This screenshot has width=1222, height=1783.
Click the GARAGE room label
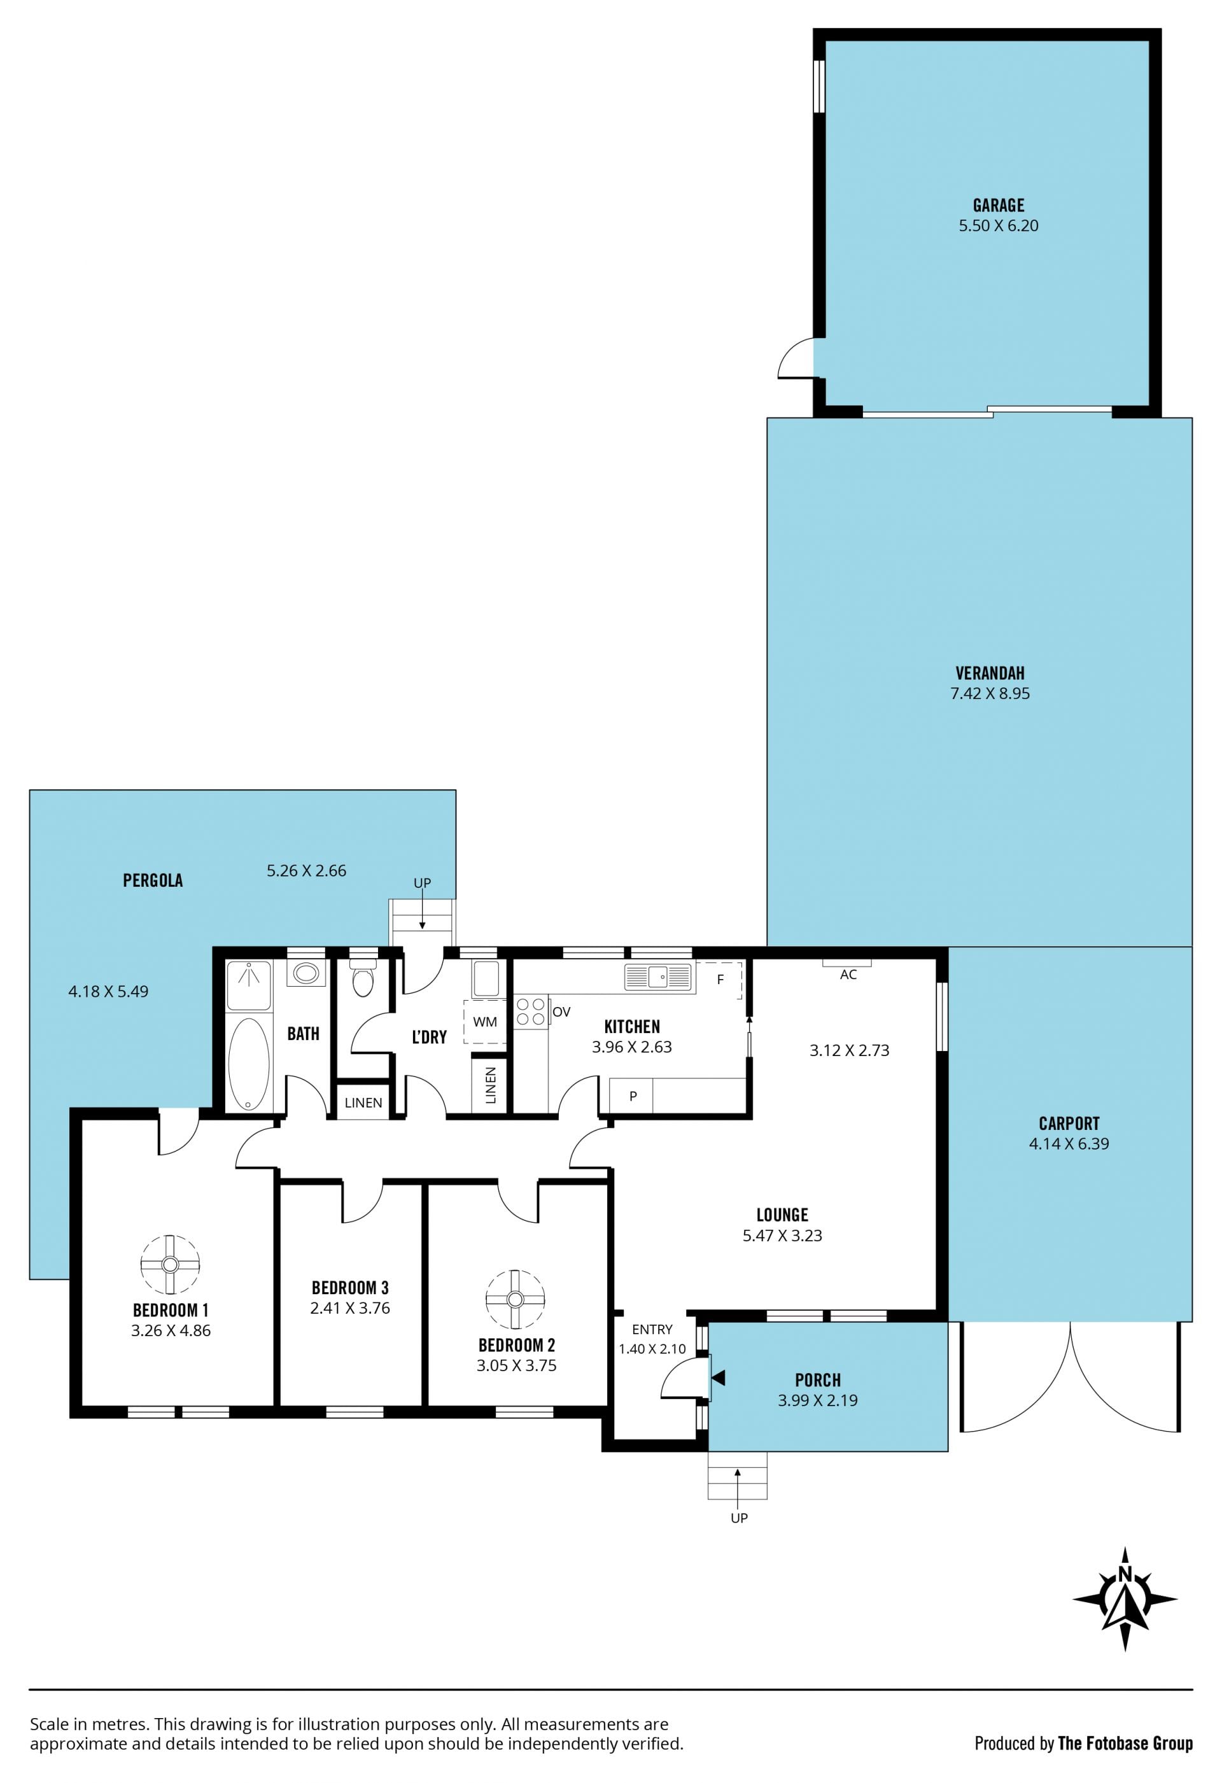click(x=998, y=205)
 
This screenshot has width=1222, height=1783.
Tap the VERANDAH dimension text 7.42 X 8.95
click(x=990, y=694)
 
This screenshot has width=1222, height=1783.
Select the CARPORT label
click(x=1069, y=1123)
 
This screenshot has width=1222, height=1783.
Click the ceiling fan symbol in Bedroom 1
click(x=171, y=1265)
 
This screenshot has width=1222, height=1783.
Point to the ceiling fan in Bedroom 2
click(x=515, y=1299)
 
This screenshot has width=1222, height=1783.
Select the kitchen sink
click(x=657, y=977)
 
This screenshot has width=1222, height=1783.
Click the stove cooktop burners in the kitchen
click(x=530, y=1012)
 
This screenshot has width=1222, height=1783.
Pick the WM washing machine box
click(x=485, y=1022)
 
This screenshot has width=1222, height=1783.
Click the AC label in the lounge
click(x=848, y=975)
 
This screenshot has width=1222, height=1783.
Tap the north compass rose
click(x=1125, y=1600)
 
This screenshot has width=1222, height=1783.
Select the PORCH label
click(x=818, y=1379)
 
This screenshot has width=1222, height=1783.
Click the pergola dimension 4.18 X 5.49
click(x=108, y=991)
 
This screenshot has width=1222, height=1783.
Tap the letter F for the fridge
click(x=720, y=980)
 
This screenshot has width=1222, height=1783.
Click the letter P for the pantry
click(x=633, y=1096)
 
